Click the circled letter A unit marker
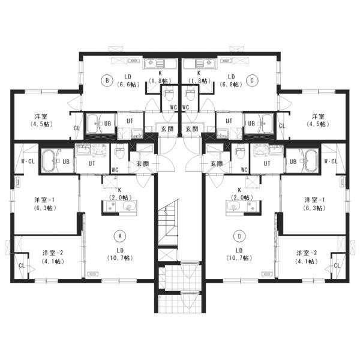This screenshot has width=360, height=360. point(120,236)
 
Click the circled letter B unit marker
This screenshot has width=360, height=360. point(107,80)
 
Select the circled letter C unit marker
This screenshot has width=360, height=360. point(253,80)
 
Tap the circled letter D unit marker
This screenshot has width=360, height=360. point(239,236)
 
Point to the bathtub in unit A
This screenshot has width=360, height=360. point(50,161)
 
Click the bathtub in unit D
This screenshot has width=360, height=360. point(310,161)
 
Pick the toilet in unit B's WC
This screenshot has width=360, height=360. point(169,95)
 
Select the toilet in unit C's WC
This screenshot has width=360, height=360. point(191,95)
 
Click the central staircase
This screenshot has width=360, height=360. point(168,222)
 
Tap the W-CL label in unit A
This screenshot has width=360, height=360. point(28,161)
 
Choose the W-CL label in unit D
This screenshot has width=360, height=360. point(331,161)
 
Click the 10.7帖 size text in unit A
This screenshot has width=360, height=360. point(120,258)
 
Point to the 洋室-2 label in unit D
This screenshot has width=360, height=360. point(307,253)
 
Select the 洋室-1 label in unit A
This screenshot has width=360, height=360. point(44,200)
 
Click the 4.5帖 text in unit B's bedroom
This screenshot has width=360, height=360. point(41,124)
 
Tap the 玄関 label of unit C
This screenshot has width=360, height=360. point(192,129)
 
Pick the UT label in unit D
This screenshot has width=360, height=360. point(267,163)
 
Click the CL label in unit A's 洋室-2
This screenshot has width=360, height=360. point(22,266)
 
